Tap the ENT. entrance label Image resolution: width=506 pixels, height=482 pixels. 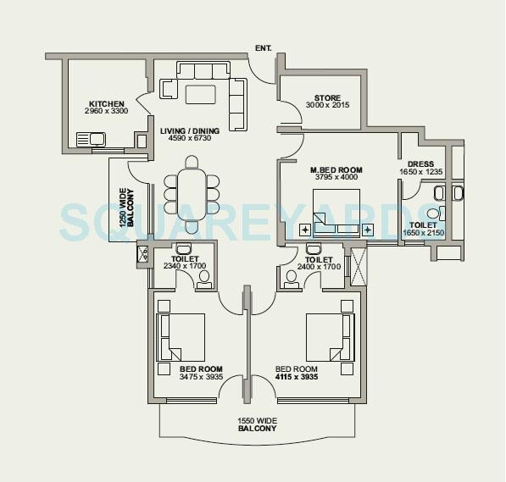(x=263, y=49)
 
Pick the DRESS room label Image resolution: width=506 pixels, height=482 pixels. (x=420, y=164)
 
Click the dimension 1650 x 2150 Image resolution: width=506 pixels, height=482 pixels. (x=422, y=232)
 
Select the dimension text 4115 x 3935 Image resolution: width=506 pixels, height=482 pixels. (x=297, y=378)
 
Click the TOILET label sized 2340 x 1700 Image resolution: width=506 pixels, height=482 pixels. (x=184, y=262)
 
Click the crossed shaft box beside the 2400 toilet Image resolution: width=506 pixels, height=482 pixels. (x=356, y=264)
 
